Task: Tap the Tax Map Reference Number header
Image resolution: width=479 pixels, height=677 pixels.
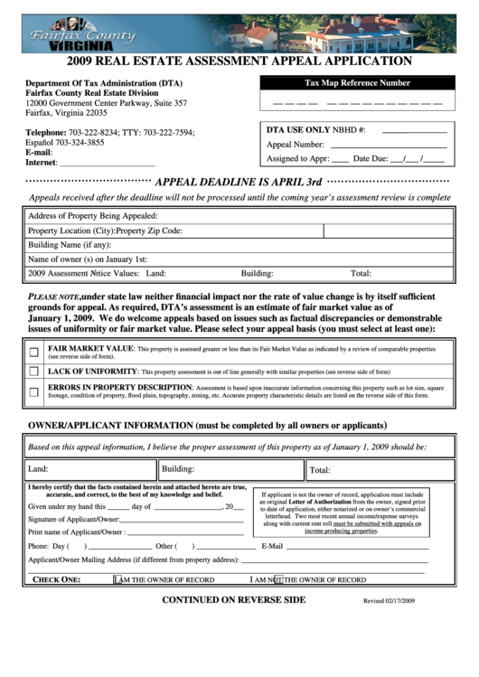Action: pyautogui.click(x=357, y=83)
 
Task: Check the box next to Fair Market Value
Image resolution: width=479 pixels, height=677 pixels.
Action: pyautogui.click(x=33, y=352)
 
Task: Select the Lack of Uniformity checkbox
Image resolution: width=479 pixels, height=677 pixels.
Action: pyautogui.click(x=33, y=371)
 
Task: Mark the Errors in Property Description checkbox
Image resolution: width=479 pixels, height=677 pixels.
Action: pyautogui.click(x=33, y=391)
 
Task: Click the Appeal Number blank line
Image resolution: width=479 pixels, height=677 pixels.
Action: pyautogui.click(x=389, y=145)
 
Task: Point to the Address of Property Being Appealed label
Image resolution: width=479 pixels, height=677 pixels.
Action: pyautogui.click(x=92, y=216)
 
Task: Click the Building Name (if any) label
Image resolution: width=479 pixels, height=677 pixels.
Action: pyautogui.click(x=70, y=245)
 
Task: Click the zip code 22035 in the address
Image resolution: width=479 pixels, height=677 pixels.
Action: pyautogui.click(x=91, y=114)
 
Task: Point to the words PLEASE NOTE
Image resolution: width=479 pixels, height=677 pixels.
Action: pyautogui.click(x=53, y=296)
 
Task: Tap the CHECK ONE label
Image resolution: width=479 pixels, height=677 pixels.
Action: pyautogui.click(x=57, y=579)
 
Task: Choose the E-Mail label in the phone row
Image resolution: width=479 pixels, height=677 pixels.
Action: pyautogui.click(x=272, y=546)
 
